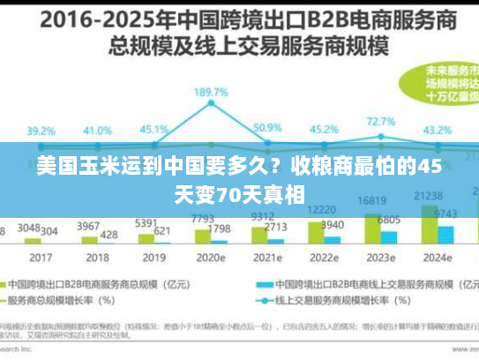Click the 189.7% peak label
(x=212, y=92)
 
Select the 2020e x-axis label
(x=212, y=258)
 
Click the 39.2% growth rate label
(x=41, y=130)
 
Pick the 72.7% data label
(x=380, y=122)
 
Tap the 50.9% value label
(x=267, y=128)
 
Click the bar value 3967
(x=89, y=226)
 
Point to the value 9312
(x=262, y=216)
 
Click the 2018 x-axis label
(x=97, y=258)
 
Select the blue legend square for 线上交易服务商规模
(x=263, y=285)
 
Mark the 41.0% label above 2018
(x=97, y=130)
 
